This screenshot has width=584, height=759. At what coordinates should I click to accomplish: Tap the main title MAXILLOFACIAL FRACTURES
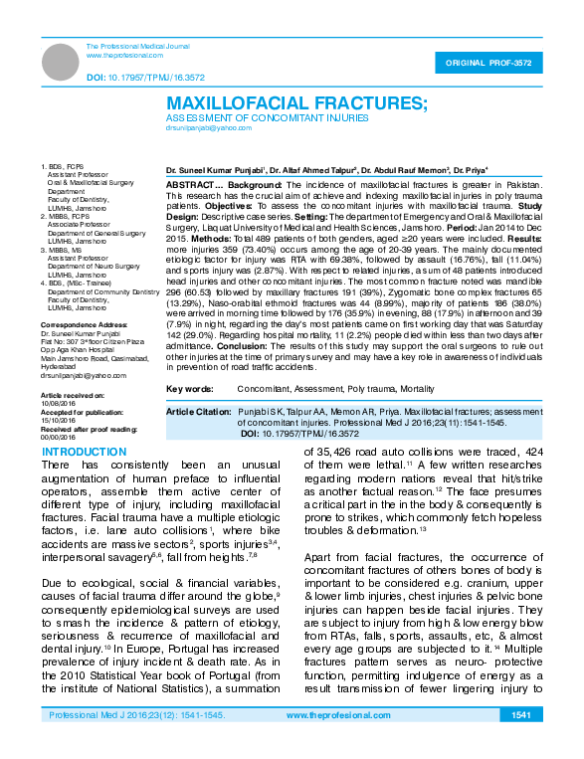(x=296, y=103)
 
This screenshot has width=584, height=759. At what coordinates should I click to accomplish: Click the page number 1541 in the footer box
(x=521, y=743)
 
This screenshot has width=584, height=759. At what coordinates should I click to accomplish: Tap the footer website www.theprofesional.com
(x=332, y=743)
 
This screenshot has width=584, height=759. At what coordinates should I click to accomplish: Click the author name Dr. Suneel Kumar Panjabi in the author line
(x=216, y=171)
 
